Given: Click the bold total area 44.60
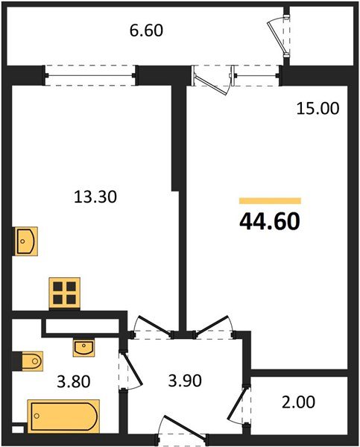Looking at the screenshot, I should [x=270, y=221].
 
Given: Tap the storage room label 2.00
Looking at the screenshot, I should [x=298, y=402].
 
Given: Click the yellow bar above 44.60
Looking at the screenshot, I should [x=270, y=200].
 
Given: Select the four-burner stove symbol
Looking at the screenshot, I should [x=65, y=292].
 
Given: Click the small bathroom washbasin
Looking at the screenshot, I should [x=83, y=346].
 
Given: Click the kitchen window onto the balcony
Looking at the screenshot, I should [x=90, y=74].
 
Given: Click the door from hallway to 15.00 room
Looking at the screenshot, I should [x=209, y=327].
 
